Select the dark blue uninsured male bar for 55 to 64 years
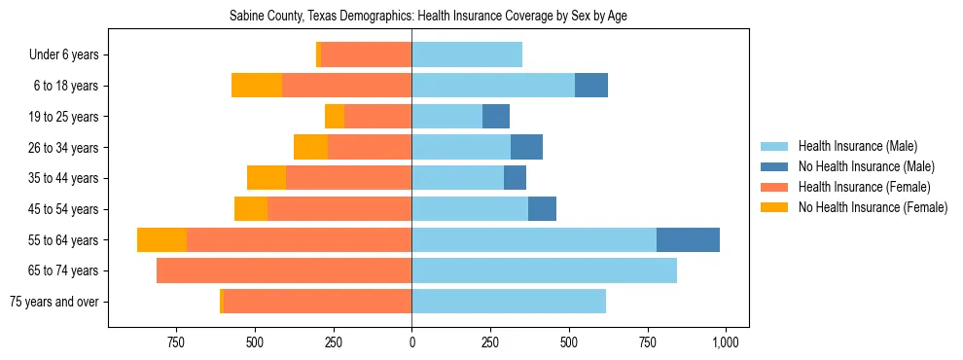click(688, 239)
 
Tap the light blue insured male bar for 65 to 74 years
click(544, 270)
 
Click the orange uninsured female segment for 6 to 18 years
click(257, 86)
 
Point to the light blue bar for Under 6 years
click(467, 54)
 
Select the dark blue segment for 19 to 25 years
click(496, 117)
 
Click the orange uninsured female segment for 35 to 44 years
click(267, 178)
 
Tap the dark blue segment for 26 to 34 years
click(526, 147)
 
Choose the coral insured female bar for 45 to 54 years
click(339, 209)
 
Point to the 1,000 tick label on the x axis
click(726, 342)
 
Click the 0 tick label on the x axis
click(411, 342)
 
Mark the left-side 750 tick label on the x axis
click(176, 342)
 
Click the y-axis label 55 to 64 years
click(66, 240)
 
